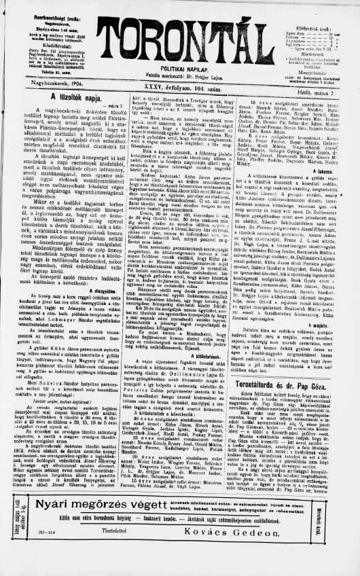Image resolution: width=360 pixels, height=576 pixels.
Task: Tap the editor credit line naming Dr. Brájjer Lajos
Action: (180, 68)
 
